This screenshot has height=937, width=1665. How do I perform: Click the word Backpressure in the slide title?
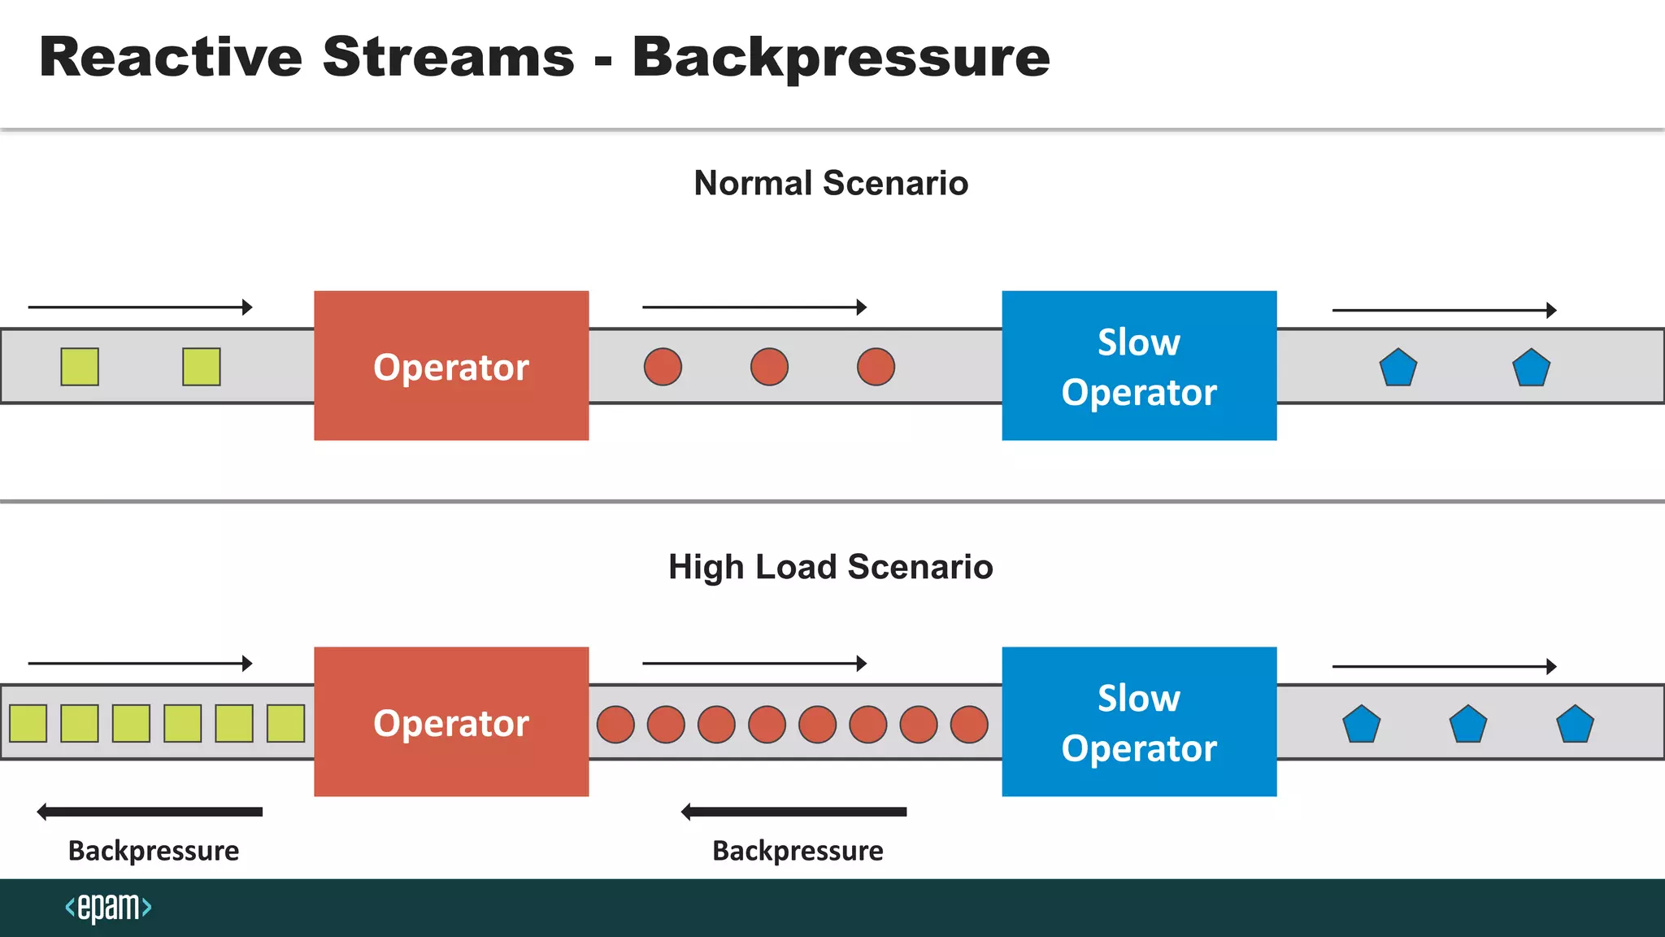point(841,59)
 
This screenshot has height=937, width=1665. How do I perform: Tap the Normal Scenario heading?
point(831,183)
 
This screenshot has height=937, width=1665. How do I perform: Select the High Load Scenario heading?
point(830,567)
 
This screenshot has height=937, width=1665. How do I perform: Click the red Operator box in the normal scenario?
point(451,366)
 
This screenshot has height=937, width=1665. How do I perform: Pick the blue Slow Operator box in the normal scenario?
point(1139,366)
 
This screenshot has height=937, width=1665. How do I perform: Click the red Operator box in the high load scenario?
point(451,721)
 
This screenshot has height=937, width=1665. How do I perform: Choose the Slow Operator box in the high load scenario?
point(1139,721)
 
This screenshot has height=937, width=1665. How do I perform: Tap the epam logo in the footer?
point(108,907)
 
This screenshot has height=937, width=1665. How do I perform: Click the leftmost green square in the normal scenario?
point(80,367)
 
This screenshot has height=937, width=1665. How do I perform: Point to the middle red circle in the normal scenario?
point(769,367)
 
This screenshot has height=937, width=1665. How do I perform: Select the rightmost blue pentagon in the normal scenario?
point(1531,368)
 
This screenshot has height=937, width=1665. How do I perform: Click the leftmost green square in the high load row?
point(28,723)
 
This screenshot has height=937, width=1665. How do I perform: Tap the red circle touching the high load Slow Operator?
point(969,724)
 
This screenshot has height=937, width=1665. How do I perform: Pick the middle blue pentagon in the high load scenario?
point(1468,725)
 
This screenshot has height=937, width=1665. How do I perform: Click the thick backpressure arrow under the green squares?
point(150,812)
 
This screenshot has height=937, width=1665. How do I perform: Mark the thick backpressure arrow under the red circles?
point(794,812)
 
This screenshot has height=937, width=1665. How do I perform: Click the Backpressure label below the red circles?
point(798,851)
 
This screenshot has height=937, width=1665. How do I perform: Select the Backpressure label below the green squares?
point(154,851)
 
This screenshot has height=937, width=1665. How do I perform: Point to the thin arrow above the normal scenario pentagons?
point(1444,310)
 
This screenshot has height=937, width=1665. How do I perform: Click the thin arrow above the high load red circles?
point(754,664)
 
